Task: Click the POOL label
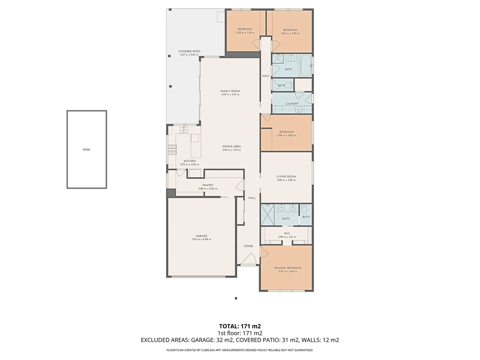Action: point(87,150)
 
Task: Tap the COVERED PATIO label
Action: point(189,51)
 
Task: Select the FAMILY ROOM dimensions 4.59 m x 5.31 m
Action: point(230,95)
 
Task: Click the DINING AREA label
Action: point(231,146)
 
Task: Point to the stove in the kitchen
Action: point(172,150)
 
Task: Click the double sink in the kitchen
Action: point(184,130)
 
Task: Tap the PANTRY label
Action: point(208,185)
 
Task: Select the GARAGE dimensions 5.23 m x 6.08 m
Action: point(201,239)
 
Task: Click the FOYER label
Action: point(248,246)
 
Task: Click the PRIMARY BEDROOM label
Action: point(288,268)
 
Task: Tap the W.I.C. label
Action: point(287,233)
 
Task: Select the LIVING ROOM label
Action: point(286,177)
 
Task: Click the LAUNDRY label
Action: point(292,104)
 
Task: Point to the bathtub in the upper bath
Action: point(305,66)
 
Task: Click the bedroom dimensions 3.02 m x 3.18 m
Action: point(245,33)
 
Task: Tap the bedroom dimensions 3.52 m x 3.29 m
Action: point(290,34)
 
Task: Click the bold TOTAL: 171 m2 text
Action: point(240,326)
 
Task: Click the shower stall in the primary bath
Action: point(267,215)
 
